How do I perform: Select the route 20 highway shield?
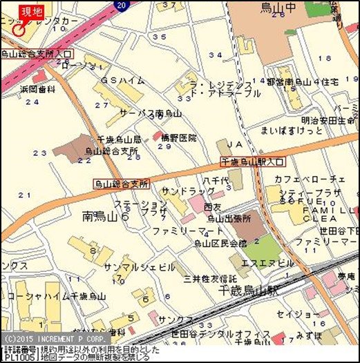pyautogui.click(x=122, y=5)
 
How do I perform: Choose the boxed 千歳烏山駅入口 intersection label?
pyautogui.click(x=253, y=161)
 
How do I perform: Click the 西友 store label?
pyautogui.click(x=214, y=206)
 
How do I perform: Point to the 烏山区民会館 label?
pyautogui.click(x=220, y=244)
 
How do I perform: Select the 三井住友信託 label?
pyautogui.click(x=210, y=277)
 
